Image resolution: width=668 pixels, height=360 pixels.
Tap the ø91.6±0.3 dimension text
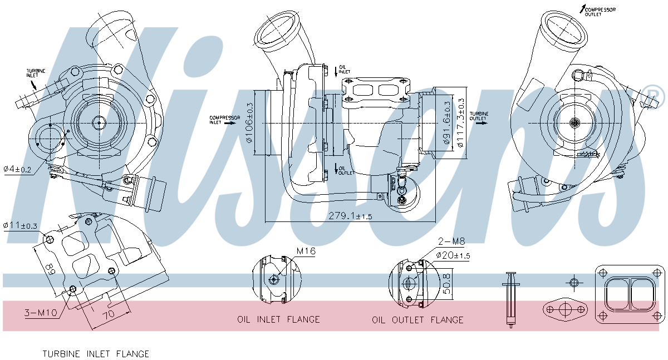(446, 122)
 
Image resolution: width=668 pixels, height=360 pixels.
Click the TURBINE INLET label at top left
(36, 73)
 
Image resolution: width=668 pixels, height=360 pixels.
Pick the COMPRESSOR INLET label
(224, 120)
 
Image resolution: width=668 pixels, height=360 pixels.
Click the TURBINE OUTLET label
(479, 116)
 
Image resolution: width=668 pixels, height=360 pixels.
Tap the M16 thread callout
(306, 251)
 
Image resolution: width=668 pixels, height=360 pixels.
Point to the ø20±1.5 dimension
(453, 255)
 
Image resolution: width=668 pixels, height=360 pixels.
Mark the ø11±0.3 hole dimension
(20, 225)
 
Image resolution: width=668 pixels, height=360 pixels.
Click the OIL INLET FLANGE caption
(278, 319)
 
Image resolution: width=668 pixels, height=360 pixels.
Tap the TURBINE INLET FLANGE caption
(96, 354)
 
